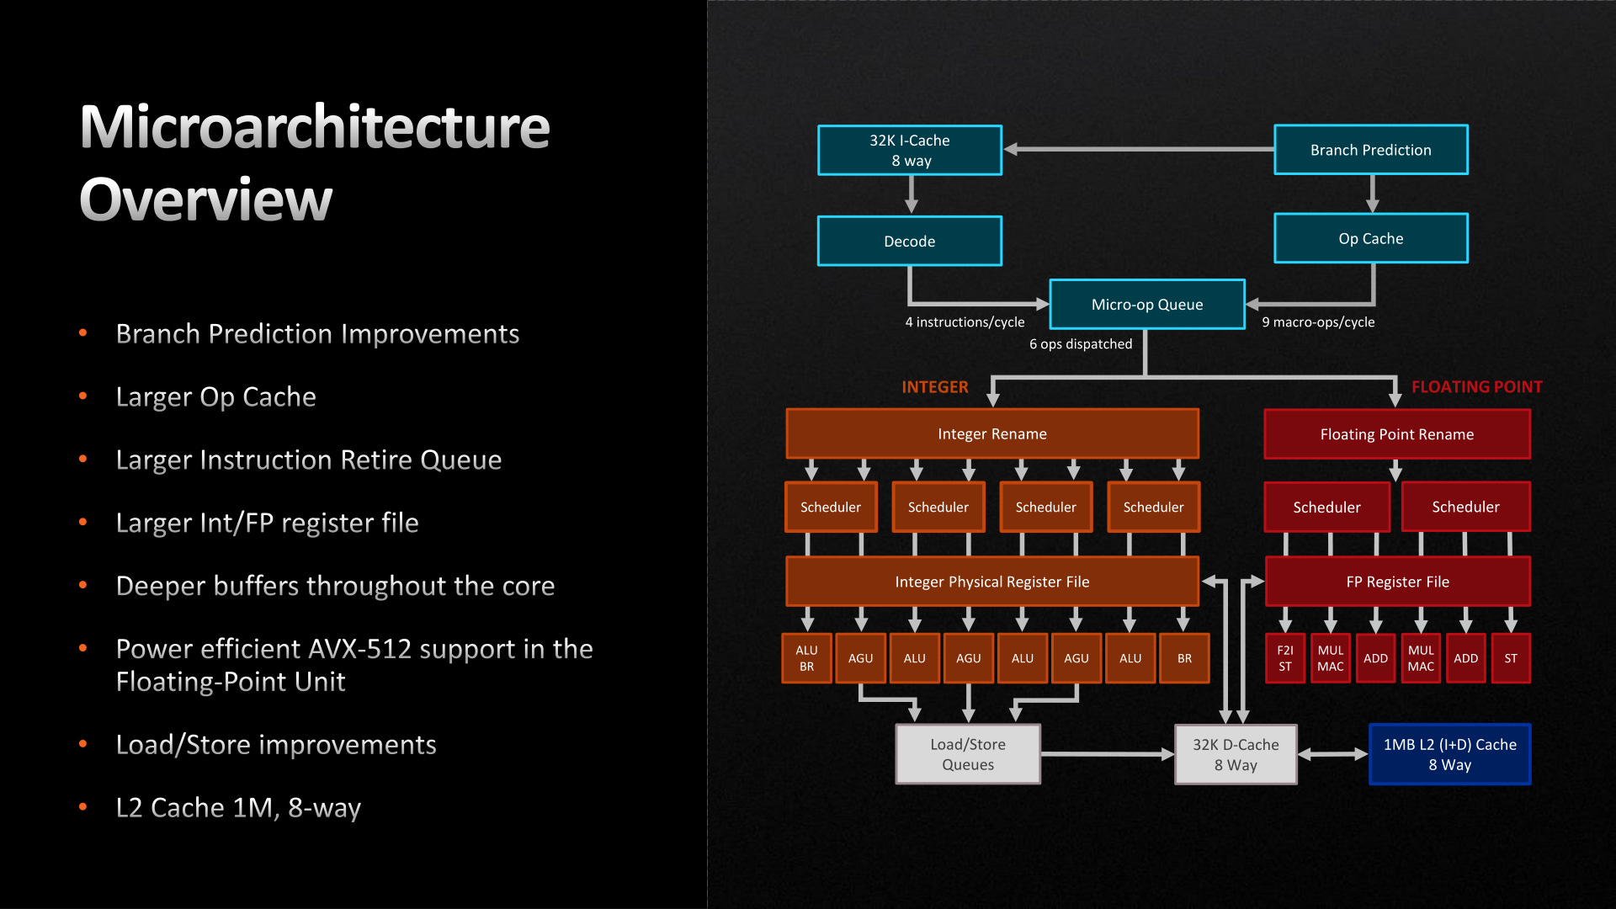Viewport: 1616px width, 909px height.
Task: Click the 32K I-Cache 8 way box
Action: click(909, 150)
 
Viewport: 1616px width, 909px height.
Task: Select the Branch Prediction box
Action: click(1370, 150)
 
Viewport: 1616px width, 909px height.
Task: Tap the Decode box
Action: click(909, 241)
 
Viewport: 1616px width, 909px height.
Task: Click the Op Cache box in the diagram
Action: click(1370, 238)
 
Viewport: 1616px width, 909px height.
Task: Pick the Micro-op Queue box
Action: click(1146, 304)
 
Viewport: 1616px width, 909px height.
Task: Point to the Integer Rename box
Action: click(991, 433)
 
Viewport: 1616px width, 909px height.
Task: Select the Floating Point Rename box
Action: click(1396, 434)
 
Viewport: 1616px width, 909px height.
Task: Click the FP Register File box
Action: click(1397, 582)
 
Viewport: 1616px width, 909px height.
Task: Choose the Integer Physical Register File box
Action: click(991, 582)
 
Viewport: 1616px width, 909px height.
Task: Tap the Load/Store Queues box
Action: click(968, 754)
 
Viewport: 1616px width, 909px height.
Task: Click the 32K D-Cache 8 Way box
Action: click(1235, 754)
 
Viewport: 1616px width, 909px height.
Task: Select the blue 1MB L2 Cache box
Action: click(1449, 754)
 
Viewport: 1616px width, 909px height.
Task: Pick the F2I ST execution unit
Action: click(1284, 658)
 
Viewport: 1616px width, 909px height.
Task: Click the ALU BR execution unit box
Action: click(806, 658)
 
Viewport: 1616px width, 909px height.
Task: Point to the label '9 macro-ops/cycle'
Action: click(1318, 322)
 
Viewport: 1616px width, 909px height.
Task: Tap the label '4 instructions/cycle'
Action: click(965, 322)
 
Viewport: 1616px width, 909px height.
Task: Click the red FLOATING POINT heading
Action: click(1476, 387)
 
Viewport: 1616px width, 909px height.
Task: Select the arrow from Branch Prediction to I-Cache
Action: click(1136, 149)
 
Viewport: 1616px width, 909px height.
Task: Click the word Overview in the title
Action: click(206, 200)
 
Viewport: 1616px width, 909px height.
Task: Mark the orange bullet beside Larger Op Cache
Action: click(82, 396)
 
